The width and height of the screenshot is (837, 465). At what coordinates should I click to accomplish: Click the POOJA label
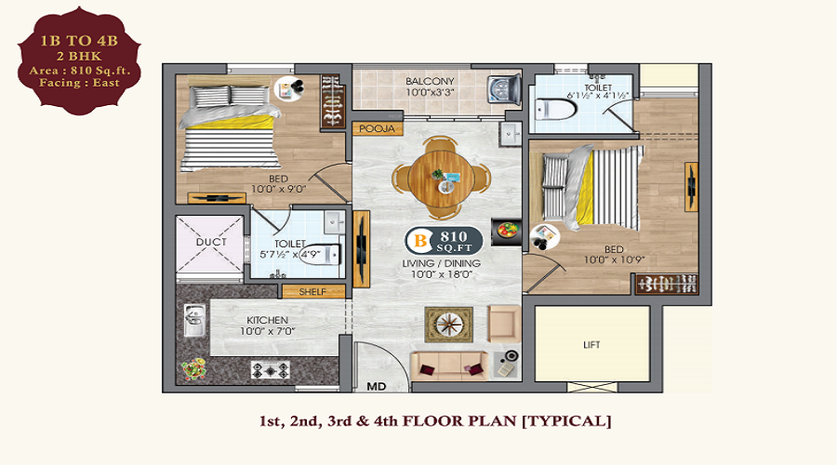point(377,128)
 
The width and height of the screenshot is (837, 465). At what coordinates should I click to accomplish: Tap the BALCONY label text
point(430,81)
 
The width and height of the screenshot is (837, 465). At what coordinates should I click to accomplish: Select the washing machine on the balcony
point(504,87)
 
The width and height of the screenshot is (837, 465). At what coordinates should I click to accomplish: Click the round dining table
point(441,179)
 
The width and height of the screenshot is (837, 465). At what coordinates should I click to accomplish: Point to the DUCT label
point(211,242)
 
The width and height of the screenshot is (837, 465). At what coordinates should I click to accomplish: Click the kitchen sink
point(193,320)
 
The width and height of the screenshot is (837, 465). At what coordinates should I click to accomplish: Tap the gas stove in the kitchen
point(271,369)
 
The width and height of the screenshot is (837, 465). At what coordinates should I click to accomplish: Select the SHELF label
point(312,291)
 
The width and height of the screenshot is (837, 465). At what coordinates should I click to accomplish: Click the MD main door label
point(377,386)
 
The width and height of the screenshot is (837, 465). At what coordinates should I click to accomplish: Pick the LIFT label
point(591,345)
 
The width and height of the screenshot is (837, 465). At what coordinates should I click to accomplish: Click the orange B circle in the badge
point(420,241)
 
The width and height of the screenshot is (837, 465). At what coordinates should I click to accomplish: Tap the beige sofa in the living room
point(449,365)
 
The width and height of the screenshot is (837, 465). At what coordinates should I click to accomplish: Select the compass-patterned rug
point(449,325)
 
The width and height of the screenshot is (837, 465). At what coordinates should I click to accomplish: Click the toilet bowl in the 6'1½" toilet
point(556,110)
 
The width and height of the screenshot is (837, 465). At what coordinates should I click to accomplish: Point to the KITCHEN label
point(268,320)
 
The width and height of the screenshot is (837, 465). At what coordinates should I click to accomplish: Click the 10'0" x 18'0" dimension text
point(442,274)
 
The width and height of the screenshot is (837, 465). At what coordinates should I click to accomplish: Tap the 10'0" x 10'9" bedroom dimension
point(614,260)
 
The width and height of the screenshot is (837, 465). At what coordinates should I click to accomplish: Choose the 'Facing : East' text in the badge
point(79,83)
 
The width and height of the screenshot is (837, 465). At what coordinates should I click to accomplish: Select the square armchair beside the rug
point(504,324)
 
